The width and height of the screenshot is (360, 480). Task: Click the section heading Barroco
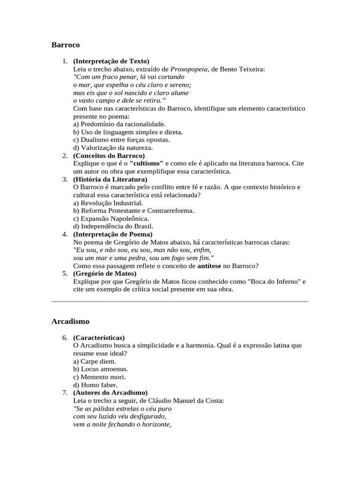tap(65, 45)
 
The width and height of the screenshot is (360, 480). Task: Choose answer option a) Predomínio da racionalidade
tap(120, 124)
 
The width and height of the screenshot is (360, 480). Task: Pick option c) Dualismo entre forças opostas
tap(121, 140)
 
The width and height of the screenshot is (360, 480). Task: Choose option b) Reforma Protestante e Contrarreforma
tap(134, 211)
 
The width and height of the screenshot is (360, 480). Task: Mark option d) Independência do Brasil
tap(110, 226)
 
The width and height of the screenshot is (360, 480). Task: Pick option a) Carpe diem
tap(95, 361)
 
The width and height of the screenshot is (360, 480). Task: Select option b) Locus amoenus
tap(100, 369)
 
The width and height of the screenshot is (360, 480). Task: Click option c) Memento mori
tap(100, 377)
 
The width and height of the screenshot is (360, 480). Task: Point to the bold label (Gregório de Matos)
tap(105, 273)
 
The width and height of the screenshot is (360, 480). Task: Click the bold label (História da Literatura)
tap(110, 179)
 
